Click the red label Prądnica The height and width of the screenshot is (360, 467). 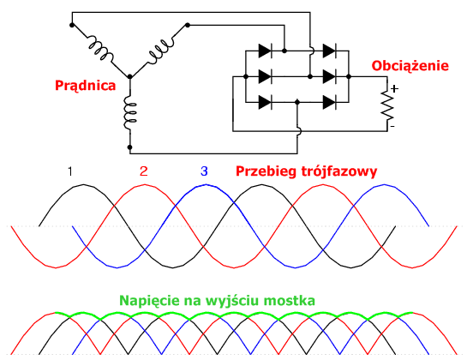pyautogui.click(x=85, y=86)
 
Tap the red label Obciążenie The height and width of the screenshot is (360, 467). pyautogui.click(x=410, y=66)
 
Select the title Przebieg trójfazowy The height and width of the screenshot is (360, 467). pyautogui.click(x=307, y=171)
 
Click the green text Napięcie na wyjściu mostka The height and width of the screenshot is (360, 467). pyautogui.click(x=217, y=301)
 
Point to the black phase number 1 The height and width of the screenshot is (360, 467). pyautogui.click(x=70, y=171)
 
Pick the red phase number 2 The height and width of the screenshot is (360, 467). pyautogui.click(x=144, y=171)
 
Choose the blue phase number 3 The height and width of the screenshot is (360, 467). pyautogui.click(x=204, y=171)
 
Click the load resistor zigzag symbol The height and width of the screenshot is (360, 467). pyautogui.click(x=387, y=105)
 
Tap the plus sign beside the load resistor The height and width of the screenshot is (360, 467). pyautogui.click(x=394, y=89)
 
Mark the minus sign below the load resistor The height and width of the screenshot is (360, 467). pyautogui.click(x=392, y=127)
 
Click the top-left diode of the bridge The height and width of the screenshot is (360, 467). pyautogui.click(x=265, y=51)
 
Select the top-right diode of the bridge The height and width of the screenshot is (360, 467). pyautogui.click(x=329, y=51)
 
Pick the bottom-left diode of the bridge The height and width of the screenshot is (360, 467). pyautogui.click(x=265, y=103)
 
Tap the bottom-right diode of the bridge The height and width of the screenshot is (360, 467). pyautogui.click(x=329, y=103)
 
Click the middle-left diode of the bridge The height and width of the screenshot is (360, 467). pyautogui.click(x=265, y=77)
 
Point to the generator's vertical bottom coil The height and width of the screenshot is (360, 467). pyautogui.click(x=130, y=112)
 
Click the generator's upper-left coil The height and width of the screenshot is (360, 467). pyautogui.click(x=100, y=48)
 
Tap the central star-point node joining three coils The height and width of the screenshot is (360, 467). pyautogui.click(x=130, y=77)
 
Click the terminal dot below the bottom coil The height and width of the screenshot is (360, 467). pyautogui.click(x=129, y=147)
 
